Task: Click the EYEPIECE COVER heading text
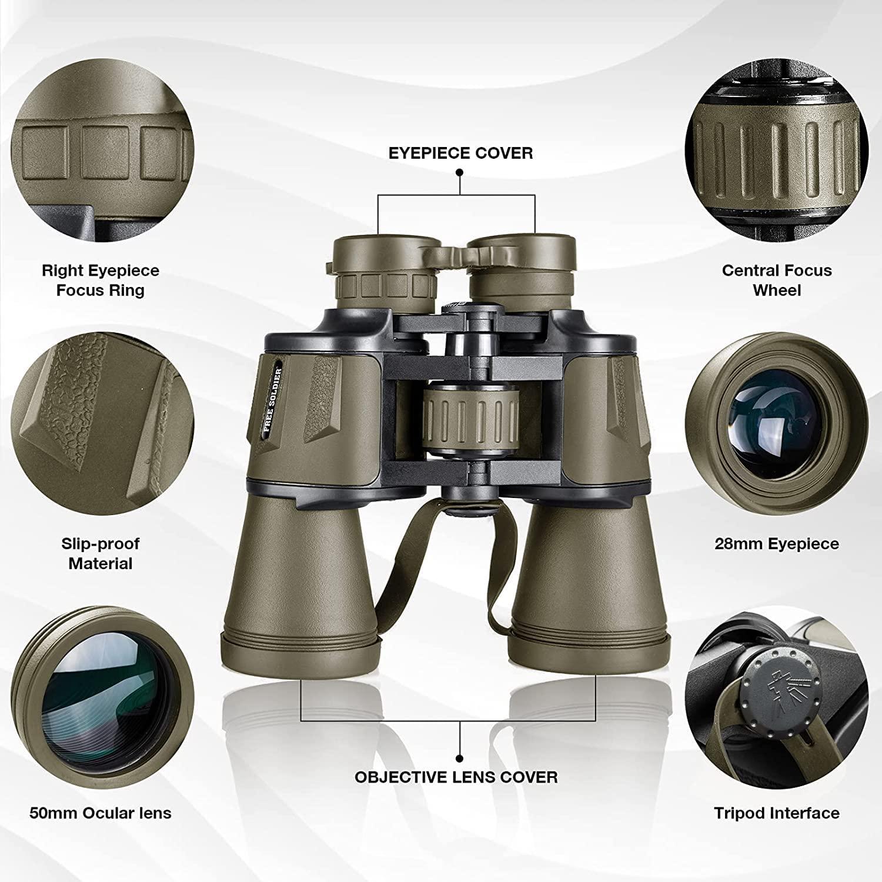(460, 153)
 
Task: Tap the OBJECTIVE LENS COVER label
(456, 777)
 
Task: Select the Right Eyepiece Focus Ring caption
(101, 280)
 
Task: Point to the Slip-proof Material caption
(101, 553)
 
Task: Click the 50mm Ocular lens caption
(101, 813)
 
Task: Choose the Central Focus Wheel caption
(777, 280)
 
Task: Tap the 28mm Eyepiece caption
(777, 543)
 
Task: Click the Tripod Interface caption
(777, 813)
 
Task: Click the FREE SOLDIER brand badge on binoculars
(272, 400)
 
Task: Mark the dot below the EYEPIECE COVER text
(460, 173)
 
